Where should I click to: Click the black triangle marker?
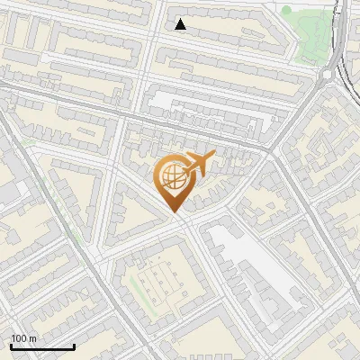coord(181,24)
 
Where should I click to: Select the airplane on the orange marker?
coord(199,164)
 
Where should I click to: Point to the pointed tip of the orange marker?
coord(174,211)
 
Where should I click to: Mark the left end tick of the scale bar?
coord(11,346)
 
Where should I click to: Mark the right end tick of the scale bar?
coord(74,346)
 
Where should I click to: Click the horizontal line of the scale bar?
coord(42,347)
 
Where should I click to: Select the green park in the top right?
coord(306,31)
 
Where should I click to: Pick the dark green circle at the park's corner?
coord(286,11)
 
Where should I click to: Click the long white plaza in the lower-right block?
coord(256,274)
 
